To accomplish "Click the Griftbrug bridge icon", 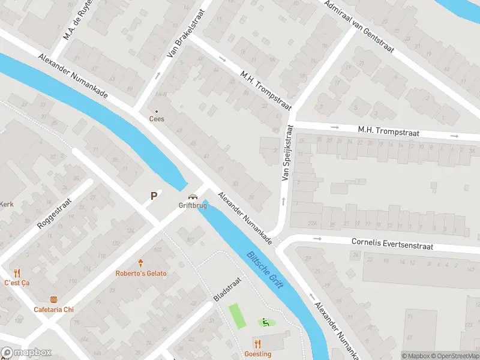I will tap(193, 197).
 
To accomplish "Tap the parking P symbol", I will tap(154, 196).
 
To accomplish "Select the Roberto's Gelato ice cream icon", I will tap(141, 263).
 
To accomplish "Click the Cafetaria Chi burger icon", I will tap(53, 299).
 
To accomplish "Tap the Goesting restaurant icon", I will tap(257, 344).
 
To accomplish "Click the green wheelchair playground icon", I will tap(264, 323).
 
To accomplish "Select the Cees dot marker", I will tap(157, 112).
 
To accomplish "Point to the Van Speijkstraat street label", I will tap(286, 153).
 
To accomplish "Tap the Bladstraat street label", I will tap(227, 289).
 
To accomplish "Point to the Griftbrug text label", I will tap(193, 205).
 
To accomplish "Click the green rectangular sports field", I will tap(237, 316).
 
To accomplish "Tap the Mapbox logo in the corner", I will tap(26, 353).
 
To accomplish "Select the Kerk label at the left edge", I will tap(7, 203).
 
